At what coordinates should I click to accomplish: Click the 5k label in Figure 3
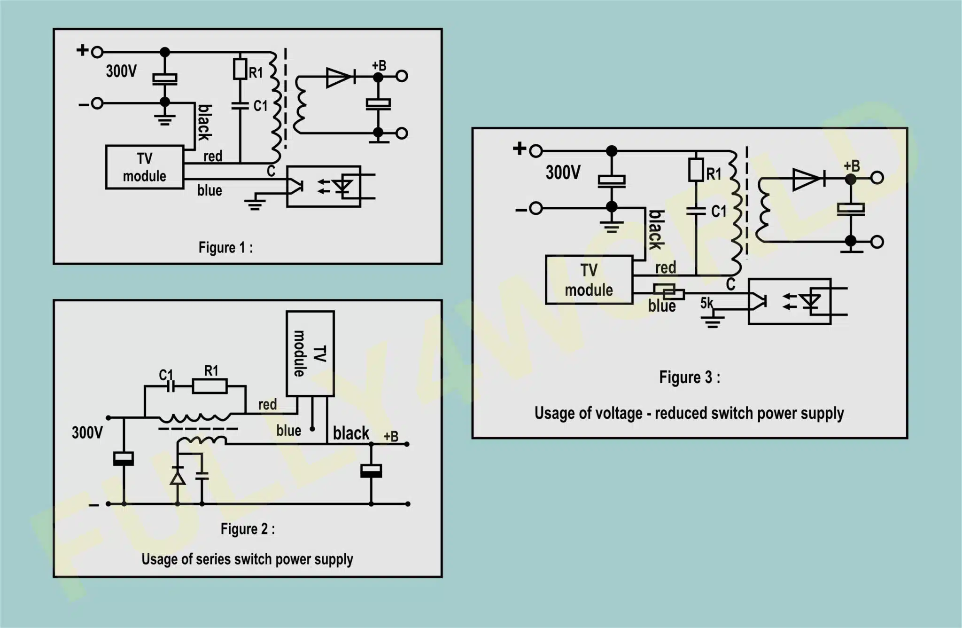tap(706, 303)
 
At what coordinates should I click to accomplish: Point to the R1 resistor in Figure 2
tap(209, 386)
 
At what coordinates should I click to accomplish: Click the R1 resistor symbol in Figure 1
tap(240, 69)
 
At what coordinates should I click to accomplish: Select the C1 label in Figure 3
tap(719, 212)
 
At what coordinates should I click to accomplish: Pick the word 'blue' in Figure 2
tap(288, 431)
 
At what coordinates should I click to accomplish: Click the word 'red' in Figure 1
tap(213, 156)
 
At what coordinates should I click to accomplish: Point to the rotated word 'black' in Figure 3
tap(656, 230)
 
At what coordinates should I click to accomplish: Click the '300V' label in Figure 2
tap(87, 432)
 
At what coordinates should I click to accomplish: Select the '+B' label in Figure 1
tap(379, 65)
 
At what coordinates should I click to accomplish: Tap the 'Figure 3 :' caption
tap(690, 377)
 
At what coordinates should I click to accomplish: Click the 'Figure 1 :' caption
tap(225, 247)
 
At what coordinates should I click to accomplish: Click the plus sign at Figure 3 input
tap(519, 149)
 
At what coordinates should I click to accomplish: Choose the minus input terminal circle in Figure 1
tap(97, 103)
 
